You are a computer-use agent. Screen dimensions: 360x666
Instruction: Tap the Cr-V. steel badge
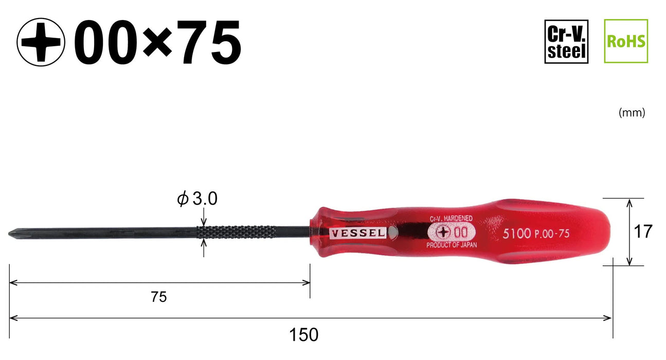click(566, 41)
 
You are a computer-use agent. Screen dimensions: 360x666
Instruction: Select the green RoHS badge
click(625, 41)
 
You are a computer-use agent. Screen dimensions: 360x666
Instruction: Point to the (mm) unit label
click(632, 113)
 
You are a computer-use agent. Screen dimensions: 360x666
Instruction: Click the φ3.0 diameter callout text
click(197, 199)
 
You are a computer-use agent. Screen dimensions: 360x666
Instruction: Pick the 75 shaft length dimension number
click(159, 297)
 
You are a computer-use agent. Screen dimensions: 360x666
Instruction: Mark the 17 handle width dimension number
click(642, 232)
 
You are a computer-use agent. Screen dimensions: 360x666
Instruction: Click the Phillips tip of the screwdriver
click(13, 233)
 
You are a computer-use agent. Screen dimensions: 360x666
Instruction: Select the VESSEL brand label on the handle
click(358, 232)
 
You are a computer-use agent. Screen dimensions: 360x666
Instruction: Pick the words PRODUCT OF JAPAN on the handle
click(452, 245)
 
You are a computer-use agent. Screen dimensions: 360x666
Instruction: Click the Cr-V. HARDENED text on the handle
click(451, 219)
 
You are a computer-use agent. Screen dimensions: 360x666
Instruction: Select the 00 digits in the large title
click(106, 42)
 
